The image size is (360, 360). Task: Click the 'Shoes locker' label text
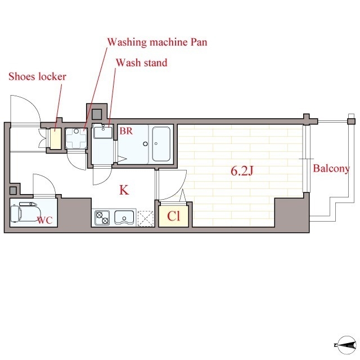click(38, 76)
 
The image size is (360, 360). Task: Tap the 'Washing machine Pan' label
click(157, 43)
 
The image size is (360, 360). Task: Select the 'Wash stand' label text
click(141, 62)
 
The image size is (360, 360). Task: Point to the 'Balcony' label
click(331, 169)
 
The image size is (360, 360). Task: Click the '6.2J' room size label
click(242, 171)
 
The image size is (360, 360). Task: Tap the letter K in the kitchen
click(124, 190)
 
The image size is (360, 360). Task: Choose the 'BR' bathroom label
click(126, 131)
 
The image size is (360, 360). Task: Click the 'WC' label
click(45, 220)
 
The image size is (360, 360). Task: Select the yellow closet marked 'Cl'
click(174, 215)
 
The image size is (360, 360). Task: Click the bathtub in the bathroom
click(161, 144)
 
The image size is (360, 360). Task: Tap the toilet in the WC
click(24, 212)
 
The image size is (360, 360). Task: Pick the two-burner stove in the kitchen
click(102, 218)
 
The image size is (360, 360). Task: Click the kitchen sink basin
click(124, 217)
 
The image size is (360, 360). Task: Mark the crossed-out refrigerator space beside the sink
click(146, 219)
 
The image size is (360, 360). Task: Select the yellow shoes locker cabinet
click(56, 138)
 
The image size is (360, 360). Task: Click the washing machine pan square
click(76, 138)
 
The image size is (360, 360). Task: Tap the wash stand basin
click(103, 132)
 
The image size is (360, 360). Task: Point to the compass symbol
click(346, 345)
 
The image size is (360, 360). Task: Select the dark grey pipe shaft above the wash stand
click(97, 114)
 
